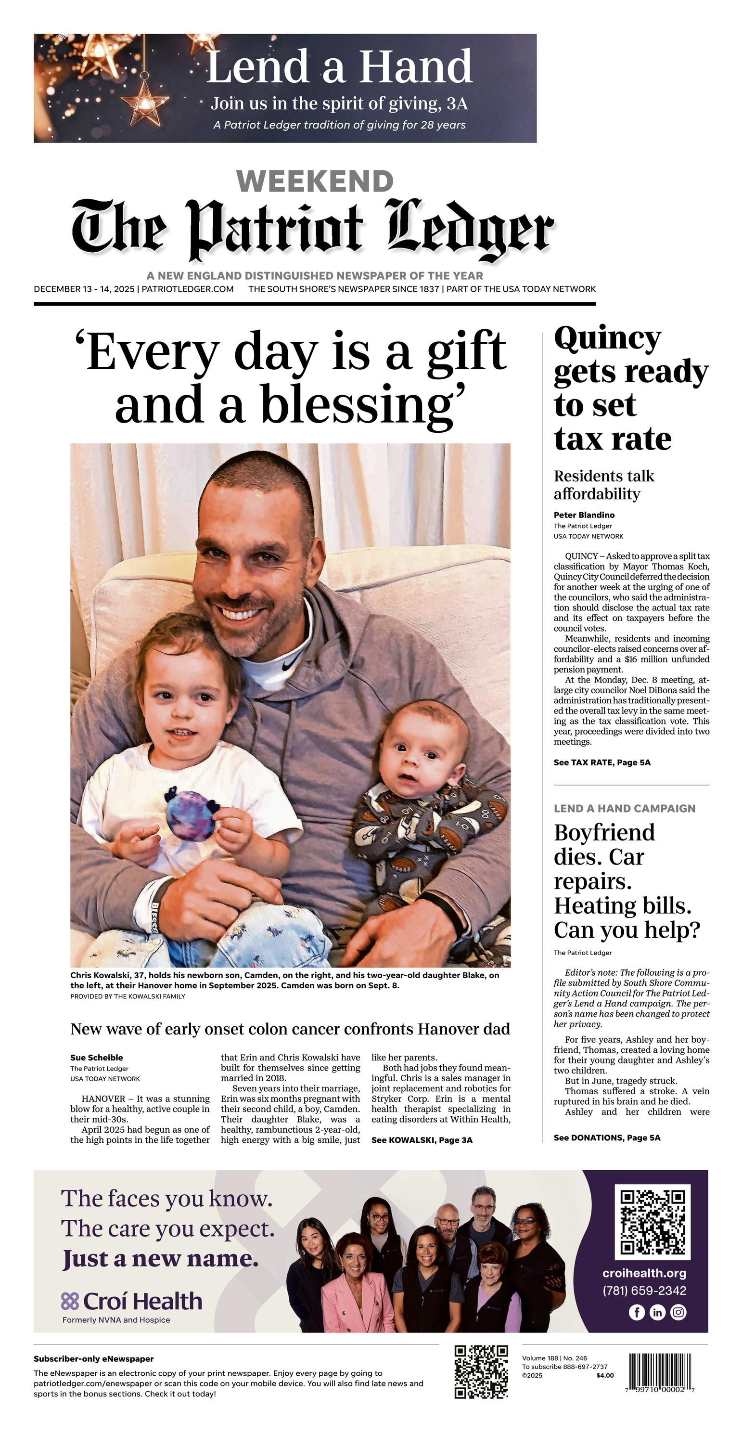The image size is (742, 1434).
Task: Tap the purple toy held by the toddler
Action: click(191, 815)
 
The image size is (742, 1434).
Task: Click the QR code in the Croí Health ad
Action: click(652, 1222)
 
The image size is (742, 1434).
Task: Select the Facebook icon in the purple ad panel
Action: click(637, 1312)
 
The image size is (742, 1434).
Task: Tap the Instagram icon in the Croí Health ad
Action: click(678, 1312)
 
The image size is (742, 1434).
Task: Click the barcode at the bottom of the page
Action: click(662, 1373)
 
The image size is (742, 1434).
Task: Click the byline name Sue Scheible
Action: click(97, 1058)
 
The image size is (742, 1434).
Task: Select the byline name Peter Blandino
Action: click(584, 515)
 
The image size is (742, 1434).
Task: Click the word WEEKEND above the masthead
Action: click(315, 181)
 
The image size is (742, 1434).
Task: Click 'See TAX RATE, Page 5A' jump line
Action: click(601, 762)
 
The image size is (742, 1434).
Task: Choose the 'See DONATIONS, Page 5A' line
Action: click(607, 1138)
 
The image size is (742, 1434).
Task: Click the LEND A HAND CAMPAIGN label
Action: click(625, 808)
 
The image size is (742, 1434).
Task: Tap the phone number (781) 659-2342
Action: click(644, 1291)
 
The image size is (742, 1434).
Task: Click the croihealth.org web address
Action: click(644, 1273)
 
